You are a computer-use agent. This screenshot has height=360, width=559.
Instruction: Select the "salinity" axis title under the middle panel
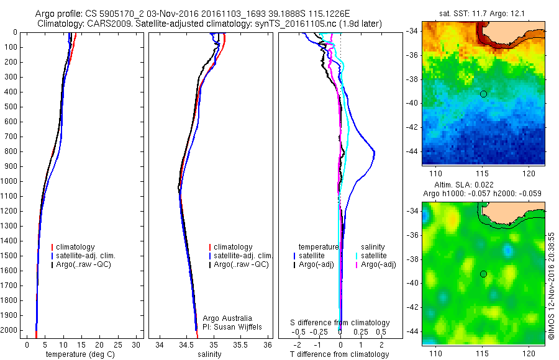pos(209,354)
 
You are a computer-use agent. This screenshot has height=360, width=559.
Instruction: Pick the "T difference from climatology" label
pos(339,354)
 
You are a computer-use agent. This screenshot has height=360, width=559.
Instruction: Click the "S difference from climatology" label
pos(340,323)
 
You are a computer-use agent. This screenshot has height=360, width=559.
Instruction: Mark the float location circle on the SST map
pos(483,94)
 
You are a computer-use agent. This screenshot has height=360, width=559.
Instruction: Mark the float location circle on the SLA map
pos(483,274)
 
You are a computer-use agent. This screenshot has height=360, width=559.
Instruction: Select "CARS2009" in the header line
pos(99,24)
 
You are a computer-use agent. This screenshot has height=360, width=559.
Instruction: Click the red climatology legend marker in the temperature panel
pos(53,247)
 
